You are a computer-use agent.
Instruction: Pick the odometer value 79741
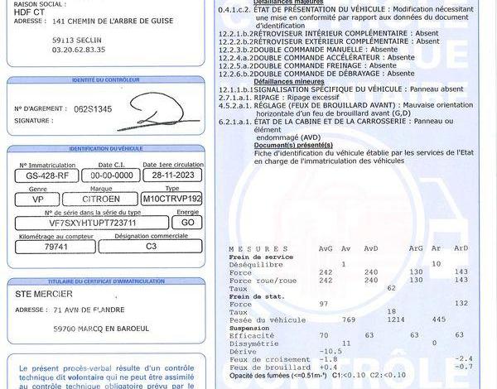coord(56,246)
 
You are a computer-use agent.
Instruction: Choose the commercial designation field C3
coord(150,246)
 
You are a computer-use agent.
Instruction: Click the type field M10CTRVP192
coord(171,199)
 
